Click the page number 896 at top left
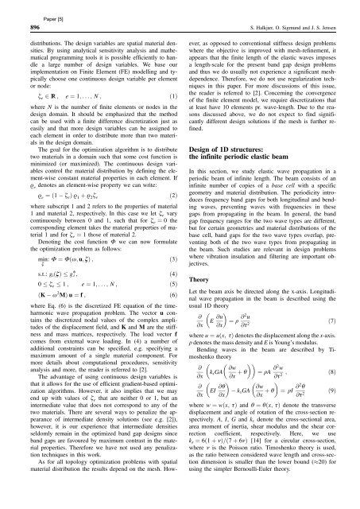click(x=17, y=24)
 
